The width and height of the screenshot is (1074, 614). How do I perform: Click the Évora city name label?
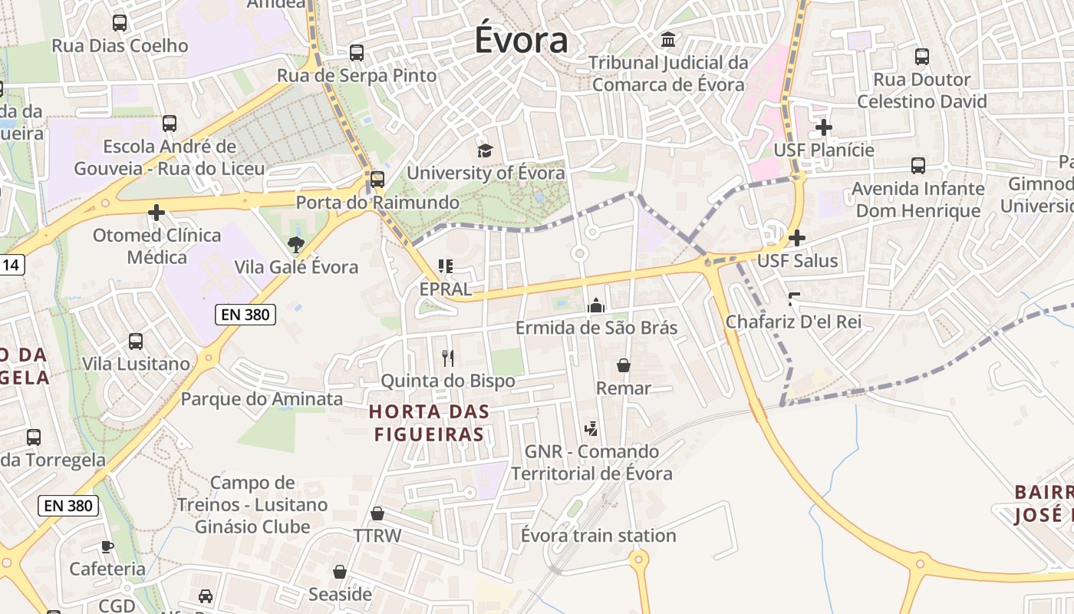(521, 41)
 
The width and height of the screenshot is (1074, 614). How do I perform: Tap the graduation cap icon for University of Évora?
(485, 150)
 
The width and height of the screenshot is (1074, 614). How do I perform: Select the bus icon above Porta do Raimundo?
(377, 180)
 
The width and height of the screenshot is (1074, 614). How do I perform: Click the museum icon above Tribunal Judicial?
(668, 39)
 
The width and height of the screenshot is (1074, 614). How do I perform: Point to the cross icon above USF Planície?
(824, 127)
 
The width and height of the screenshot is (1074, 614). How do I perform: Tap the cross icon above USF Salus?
(797, 238)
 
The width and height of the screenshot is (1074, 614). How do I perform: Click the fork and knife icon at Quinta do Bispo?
(448, 358)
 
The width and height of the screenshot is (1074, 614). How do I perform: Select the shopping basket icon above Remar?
(624, 365)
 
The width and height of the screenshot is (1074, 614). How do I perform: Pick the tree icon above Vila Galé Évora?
(295, 245)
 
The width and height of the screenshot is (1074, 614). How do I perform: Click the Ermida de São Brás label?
(596, 328)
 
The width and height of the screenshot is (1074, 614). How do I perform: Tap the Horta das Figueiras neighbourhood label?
(429, 423)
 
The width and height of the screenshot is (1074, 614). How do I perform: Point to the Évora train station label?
(598, 536)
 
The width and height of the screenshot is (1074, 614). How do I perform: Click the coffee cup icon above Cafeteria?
(107, 546)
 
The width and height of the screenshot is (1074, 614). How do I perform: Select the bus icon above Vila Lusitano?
(136, 341)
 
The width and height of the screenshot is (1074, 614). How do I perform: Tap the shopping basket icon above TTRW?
(377, 513)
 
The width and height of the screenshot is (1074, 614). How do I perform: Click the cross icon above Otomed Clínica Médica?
(156, 213)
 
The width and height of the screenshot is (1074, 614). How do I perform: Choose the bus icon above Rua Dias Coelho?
(120, 23)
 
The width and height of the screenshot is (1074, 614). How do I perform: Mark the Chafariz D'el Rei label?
(794, 322)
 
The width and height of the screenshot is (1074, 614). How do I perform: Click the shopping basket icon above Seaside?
(340, 572)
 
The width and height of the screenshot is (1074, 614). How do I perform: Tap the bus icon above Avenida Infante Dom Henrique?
(918, 165)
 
